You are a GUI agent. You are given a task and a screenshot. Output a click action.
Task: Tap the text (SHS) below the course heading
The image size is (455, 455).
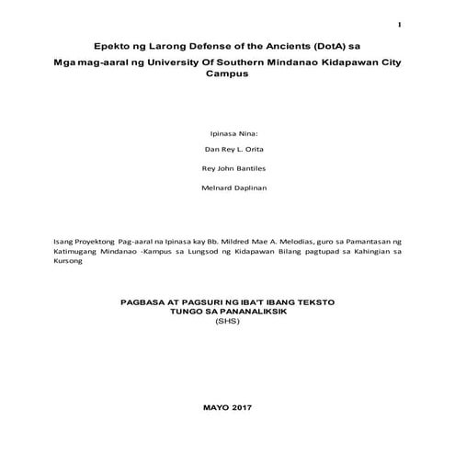(225, 322)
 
